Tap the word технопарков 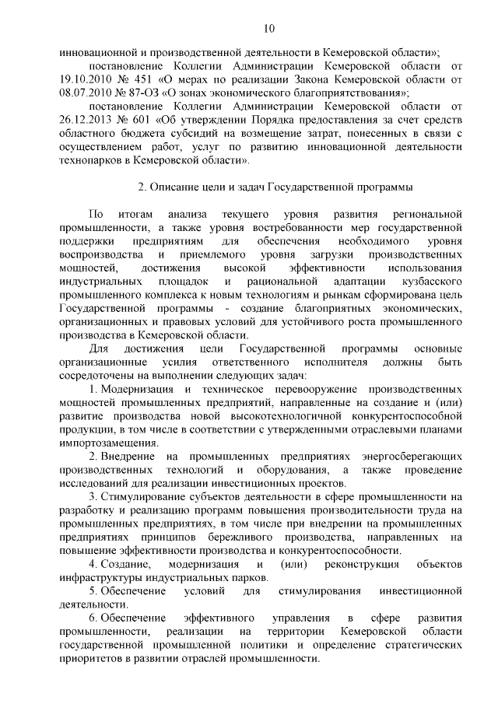[92, 160]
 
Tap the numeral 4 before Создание [93, 563]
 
